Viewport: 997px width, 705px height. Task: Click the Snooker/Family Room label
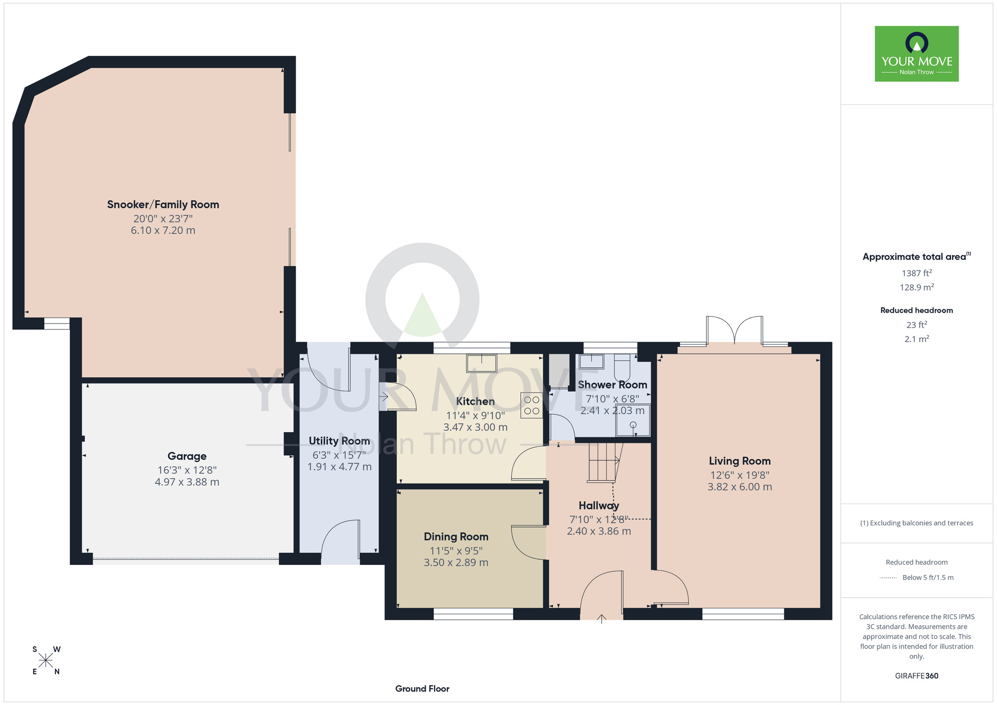pyautogui.click(x=163, y=204)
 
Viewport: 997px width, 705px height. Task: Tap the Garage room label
pyautogui.click(x=187, y=456)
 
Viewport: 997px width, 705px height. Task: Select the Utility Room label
pyautogui.click(x=339, y=441)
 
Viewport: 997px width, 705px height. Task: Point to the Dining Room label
pyautogui.click(x=456, y=536)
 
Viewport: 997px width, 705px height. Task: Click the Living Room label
pyautogui.click(x=740, y=461)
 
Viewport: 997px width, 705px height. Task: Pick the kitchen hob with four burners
pyautogui.click(x=532, y=405)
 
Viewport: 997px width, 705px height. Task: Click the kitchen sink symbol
pyautogui.click(x=482, y=363)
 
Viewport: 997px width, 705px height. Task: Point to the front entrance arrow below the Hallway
pyautogui.click(x=602, y=619)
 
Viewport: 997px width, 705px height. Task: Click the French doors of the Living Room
pyautogui.click(x=734, y=330)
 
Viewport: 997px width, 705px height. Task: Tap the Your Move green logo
pyautogui.click(x=917, y=54)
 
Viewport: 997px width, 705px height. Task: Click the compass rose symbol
pyautogui.click(x=45, y=661)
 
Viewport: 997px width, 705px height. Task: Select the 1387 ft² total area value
pyautogui.click(x=917, y=273)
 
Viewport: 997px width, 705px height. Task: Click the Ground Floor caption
pyautogui.click(x=422, y=689)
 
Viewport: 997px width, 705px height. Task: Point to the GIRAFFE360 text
pyautogui.click(x=917, y=676)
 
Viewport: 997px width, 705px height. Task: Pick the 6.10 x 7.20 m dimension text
pyautogui.click(x=163, y=230)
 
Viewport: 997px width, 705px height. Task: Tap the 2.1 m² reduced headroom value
pyautogui.click(x=917, y=339)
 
